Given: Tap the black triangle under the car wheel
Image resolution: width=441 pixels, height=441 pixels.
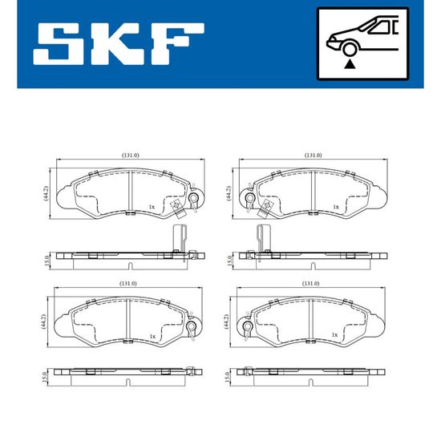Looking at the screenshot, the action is coord(350,64).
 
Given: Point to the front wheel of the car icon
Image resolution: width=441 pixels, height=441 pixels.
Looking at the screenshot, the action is coord(349,49).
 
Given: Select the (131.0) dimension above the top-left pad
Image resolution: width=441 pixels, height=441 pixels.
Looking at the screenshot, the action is coord(131,155).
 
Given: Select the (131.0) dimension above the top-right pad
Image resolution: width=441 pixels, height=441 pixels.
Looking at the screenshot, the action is coord(314,155).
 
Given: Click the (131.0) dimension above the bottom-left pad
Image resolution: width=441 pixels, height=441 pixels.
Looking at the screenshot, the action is coord(128,284).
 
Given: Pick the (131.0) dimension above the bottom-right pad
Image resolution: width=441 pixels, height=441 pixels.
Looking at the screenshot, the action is coord(310,284).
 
